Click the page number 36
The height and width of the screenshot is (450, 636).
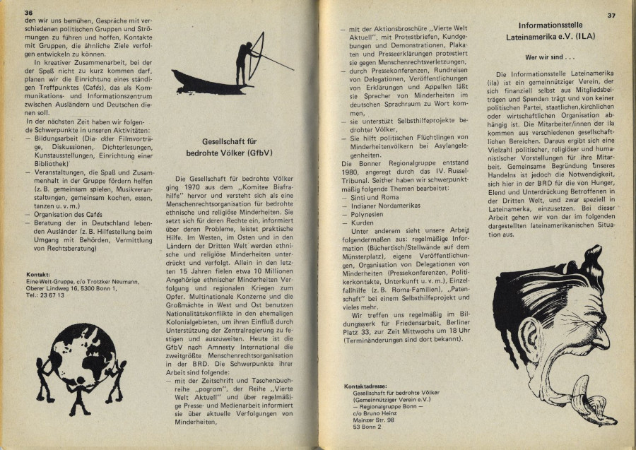(x=28, y=13)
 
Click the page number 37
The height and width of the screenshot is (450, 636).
(x=611, y=15)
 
